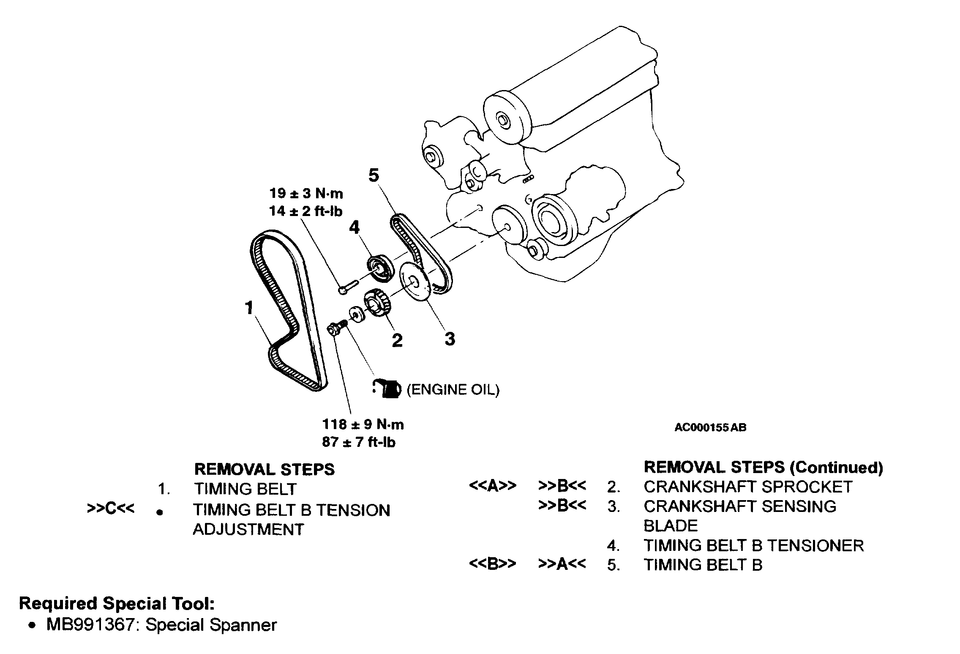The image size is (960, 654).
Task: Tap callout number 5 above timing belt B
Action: point(374,175)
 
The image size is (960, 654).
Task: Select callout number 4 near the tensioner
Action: point(354,228)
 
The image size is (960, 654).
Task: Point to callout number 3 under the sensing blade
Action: point(450,339)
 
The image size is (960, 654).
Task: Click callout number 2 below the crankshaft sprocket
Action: point(397,340)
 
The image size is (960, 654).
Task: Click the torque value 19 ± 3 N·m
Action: point(306,194)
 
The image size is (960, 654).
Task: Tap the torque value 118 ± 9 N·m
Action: point(363,424)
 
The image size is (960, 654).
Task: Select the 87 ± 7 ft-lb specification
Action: point(358,442)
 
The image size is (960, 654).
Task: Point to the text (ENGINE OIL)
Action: point(453,389)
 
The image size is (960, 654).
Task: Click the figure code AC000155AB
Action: point(710,427)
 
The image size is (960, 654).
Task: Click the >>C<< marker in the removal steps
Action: point(111,509)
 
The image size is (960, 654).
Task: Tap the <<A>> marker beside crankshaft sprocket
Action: point(492,486)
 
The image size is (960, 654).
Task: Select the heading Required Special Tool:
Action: point(117,603)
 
